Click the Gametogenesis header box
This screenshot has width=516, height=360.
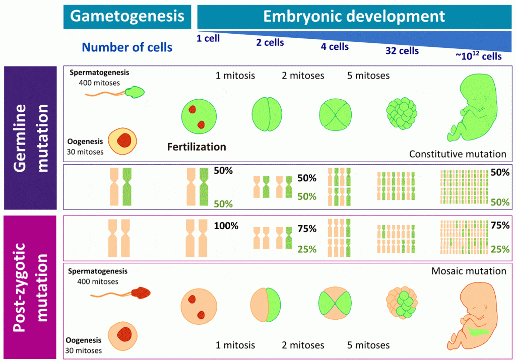(x=127, y=16)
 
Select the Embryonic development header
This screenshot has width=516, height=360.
(x=354, y=16)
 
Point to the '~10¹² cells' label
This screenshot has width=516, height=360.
(x=478, y=56)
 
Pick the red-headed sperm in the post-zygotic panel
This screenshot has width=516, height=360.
(x=142, y=292)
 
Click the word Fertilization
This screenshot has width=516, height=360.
(x=196, y=147)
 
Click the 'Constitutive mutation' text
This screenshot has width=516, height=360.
(x=458, y=154)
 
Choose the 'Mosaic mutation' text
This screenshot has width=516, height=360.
(x=469, y=271)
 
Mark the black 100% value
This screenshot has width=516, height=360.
(x=226, y=226)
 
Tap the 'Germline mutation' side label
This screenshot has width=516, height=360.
(x=32, y=138)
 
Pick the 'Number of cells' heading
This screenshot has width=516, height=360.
(x=127, y=48)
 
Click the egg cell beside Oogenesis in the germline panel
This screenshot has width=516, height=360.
(x=123, y=140)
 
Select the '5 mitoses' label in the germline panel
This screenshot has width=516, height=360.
(x=368, y=76)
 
